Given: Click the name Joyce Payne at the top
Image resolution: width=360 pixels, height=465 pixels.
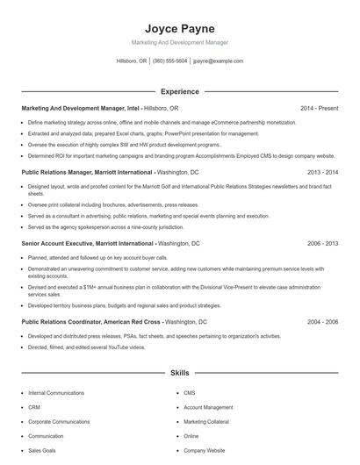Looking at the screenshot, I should pos(179,28).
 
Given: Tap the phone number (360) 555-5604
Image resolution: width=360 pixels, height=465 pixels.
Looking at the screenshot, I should pos(169,61).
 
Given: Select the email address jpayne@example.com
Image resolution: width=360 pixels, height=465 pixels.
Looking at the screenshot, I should pos(218,61).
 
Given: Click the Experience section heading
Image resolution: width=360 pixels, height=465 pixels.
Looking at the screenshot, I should pos(179,91).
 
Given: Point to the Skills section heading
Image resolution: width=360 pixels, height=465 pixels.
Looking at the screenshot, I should pos(179,373).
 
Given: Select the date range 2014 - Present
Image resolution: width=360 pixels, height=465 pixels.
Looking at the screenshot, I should pos(319,108).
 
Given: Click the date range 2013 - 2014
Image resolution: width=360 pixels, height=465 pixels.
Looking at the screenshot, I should pos(322,174).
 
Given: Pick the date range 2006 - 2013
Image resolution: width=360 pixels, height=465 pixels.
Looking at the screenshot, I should pos(322,243).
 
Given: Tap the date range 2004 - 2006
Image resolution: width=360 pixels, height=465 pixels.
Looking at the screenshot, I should pos(322,322).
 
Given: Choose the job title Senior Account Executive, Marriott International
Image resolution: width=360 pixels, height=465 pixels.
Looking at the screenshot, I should pos(87,243).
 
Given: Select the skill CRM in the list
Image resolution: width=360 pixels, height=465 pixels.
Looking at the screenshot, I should pos(34,407).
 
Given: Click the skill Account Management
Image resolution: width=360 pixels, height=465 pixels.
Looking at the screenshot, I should pos(208,407).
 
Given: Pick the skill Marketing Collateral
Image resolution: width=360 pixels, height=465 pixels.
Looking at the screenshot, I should pos(206,421).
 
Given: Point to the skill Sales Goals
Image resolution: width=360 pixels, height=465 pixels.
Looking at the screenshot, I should pos(42,450).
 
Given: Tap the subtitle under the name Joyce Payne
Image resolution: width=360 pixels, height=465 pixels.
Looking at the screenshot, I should pos(179,42).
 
